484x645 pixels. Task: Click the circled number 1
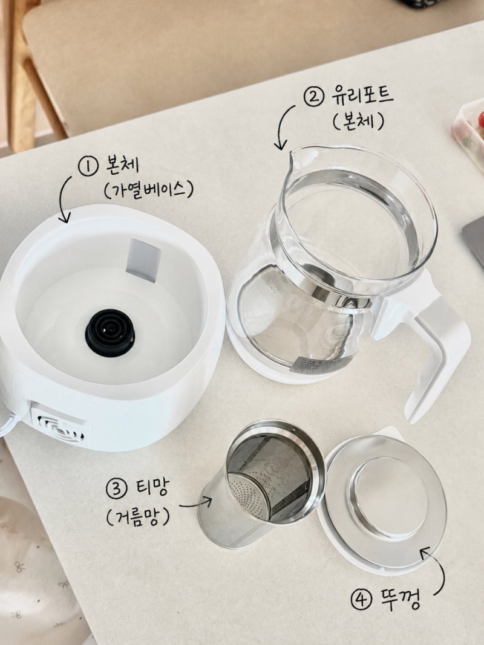[88, 167]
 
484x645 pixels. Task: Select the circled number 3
[117, 488]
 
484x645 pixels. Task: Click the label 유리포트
[363, 95]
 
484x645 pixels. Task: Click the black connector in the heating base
[110, 332]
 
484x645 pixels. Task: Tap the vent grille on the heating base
[62, 428]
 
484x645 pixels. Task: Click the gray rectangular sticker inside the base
[142, 260]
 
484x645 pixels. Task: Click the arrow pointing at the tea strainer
[195, 504]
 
